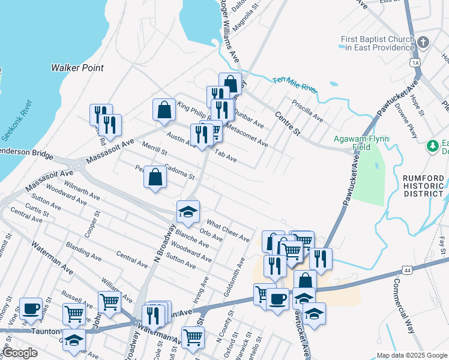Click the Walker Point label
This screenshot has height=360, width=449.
click(x=77, y=68)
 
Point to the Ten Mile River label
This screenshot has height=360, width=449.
click(x=294, y=84)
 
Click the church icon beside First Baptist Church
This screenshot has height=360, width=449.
click(x=424, y=43)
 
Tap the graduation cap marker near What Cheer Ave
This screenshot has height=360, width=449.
click(x=188, y=211)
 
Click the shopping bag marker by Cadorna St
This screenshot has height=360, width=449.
click(x=155, y=177)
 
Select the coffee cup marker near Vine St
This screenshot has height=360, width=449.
click(x=31, y=308)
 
